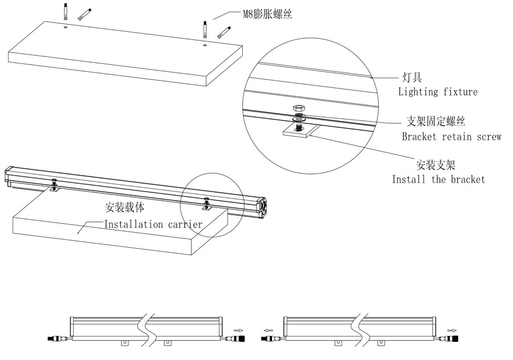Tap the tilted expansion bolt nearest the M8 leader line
pyautogui.click(x=223, y=32)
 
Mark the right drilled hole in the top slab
pyautogui.click(x=204, y=42)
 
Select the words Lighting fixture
pyautogui.click(x=437, y=91)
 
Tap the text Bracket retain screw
pyautogui.click(x=451, y=136)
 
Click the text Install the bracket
pyautogui.click(x=438, y=179)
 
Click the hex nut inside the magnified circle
pyautogui.click(x=298, y=108)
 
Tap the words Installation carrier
pyautogui.click(x=152, y=224)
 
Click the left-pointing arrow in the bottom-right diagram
pyautogui.click(x=267, y=329)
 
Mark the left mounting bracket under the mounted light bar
pyautogui.click(x=54, y=186)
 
